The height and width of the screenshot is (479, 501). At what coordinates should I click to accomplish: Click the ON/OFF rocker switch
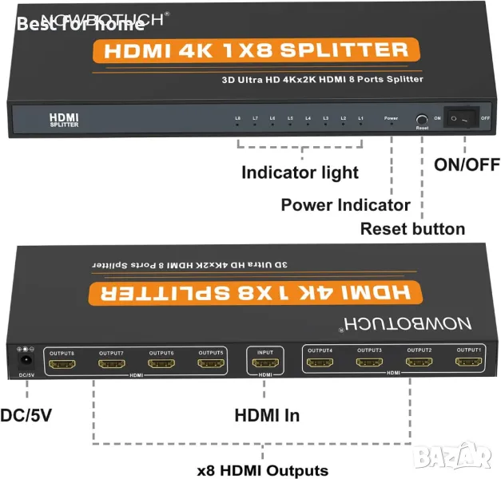pos(461,118)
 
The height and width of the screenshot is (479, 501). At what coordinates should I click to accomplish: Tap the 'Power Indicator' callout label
pos(345,205)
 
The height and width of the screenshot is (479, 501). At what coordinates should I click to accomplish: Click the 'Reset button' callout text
pos(412,229)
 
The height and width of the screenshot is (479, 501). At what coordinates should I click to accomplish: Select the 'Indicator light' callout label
pos(300,172)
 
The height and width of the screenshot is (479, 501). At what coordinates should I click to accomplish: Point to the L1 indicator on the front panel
pos(361,119)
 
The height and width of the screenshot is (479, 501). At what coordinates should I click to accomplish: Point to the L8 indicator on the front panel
pos(238,119)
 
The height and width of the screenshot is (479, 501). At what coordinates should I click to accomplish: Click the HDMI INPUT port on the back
pos(264,364)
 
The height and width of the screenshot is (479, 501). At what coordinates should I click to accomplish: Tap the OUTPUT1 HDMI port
pos(468,362)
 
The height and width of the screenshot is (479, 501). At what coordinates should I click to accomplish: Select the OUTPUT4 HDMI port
pos(318,362)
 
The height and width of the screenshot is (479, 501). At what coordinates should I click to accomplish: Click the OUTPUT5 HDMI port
pos(211,364)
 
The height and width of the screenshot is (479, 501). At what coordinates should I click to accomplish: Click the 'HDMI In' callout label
pos(268,416)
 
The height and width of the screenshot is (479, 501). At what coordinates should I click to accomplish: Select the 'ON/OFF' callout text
pos(467,166)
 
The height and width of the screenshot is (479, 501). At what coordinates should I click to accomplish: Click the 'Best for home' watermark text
pos(80,24)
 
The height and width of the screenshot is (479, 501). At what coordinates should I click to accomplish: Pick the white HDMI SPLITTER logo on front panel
pos(64,120)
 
